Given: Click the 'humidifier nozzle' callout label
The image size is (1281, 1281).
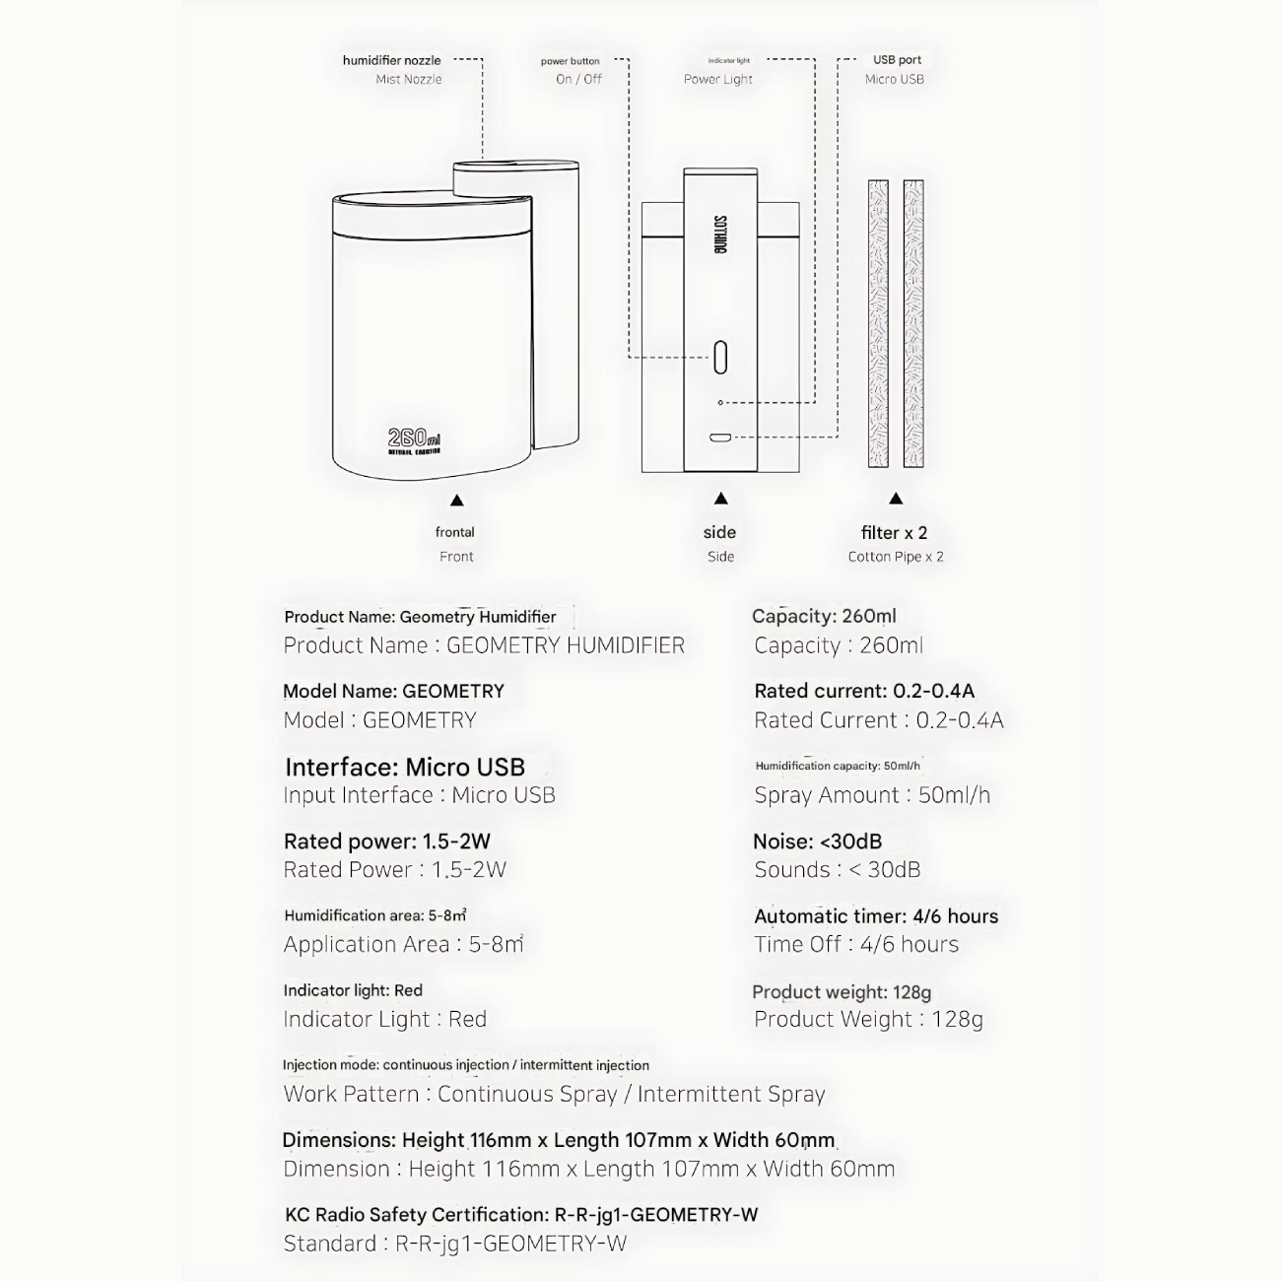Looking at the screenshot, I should pyautogui.click(x=391, y=60).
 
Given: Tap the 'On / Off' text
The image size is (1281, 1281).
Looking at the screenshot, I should pyautogui.click(x=578, y=79).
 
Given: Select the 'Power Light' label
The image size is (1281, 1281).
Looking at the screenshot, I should pyautogui.click(x=717, y=79).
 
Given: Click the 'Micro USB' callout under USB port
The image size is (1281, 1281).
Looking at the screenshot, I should pyautogui.click(x=895, y=79).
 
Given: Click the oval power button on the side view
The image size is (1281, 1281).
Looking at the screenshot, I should pyautogui.click(x=720, y=357).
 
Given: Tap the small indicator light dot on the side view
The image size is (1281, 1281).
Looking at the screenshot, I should pyautogui.click(x=720, y=403).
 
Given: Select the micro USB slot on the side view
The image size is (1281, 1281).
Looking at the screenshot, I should pyautogui.click(x=720, y=438).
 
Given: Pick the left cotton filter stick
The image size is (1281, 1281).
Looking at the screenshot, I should pyautogui.click(x=878, y=323).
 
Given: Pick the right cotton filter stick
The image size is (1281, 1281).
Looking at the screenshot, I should pyautogui.click(x=913, y=323).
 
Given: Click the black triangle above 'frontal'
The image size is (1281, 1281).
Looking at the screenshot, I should pyautogui.click(x=456, y=501).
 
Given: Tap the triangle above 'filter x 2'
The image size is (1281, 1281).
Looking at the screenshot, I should pyautogui.click(x=895, y=499).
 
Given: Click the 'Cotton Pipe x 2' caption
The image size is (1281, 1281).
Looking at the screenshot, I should pyautogui.click(x=895, y=557).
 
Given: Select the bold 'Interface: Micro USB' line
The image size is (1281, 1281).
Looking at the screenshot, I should pyautogui.click(x=404, y=767).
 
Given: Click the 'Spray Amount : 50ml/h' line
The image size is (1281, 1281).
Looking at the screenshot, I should pyautogui.click(x=872, y=795).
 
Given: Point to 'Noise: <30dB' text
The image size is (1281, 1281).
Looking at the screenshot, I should pyautogui.click(x=817, y=842).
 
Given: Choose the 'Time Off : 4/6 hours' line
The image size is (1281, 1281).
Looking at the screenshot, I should pyautogui.click(x=856, y=944).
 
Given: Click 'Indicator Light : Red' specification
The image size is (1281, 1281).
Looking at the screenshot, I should pyautogui.click(x=384, y=1019).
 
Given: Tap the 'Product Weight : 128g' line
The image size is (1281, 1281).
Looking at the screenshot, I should pyautogui.click(x=868, y=1019).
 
